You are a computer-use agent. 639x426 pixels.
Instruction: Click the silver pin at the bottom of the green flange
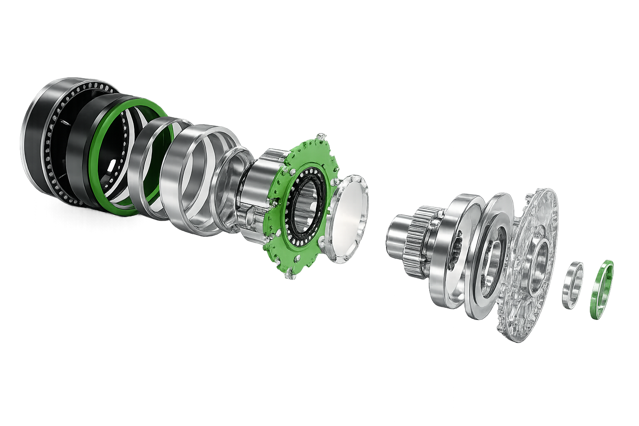coord(288,275)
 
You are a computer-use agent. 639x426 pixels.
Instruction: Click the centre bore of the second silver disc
coord(493,258)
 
